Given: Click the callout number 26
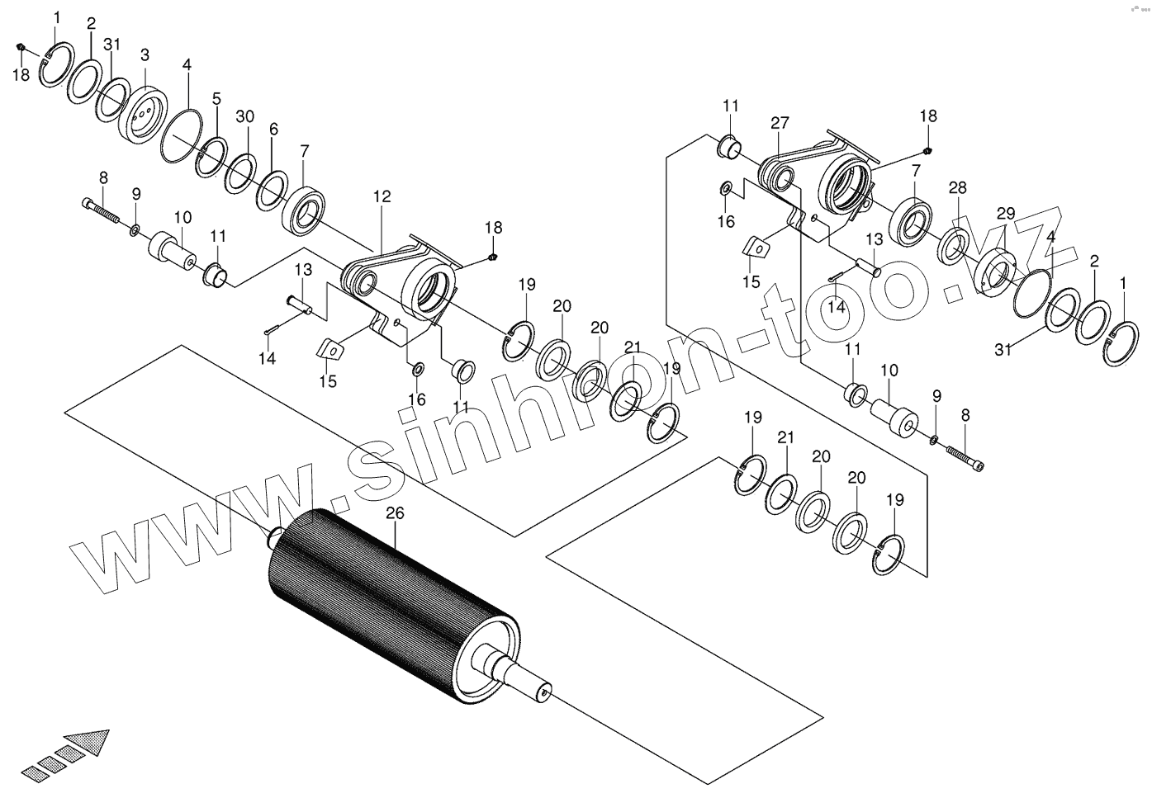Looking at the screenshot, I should (x=395, y=513).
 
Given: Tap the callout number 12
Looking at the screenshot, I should (x=381, y=197).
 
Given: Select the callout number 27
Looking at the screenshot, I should (x=780, y=123).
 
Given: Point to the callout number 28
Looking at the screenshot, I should (x=957, y=188).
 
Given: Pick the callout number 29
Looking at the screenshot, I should (x=1005, y=214).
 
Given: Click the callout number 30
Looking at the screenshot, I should (x=244, y=116).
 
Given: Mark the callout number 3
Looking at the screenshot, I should (x=145, y=55).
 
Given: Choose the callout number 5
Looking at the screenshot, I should (x=216, y=98).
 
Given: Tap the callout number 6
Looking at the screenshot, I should (x=273, y=129).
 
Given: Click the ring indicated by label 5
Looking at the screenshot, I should (x=211, y=157).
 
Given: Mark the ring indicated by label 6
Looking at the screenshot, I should (x=272, y=188).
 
